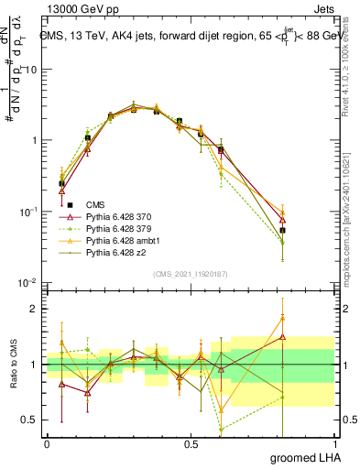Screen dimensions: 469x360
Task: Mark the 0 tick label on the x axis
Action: click(x=47, y=443)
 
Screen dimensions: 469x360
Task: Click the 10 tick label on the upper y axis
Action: click(x=32, y=70)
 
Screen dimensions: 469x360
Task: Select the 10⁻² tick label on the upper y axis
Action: click(x=29, y=282)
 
